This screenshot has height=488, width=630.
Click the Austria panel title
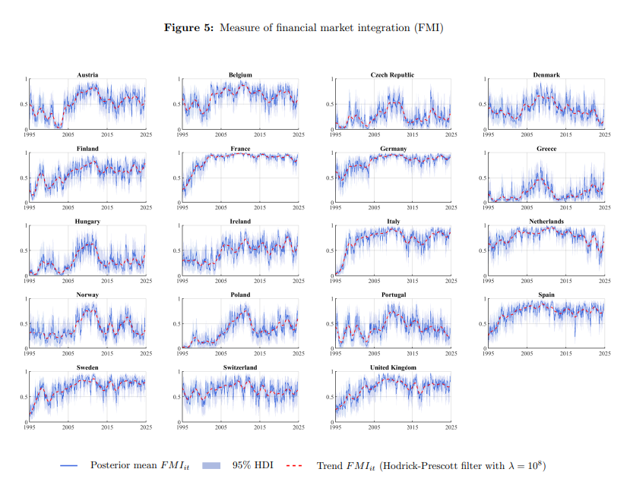click(87, 75)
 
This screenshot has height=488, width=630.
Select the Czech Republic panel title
click(392, 75)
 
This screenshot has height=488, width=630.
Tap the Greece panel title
click(546, 149)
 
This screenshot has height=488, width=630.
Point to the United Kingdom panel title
click(392, 367)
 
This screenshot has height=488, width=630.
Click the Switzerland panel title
click(240, 367)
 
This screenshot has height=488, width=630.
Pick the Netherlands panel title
click(546, 222)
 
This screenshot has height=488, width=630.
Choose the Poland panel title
click(240, 294)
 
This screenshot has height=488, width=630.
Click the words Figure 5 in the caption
click(190, 28)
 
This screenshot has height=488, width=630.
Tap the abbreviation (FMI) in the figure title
click(428, 28)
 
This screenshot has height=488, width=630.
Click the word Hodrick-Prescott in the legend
click(419, 465)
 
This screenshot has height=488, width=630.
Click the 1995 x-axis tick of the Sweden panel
click(30, 427)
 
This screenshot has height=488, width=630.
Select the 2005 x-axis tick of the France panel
click(221, 207)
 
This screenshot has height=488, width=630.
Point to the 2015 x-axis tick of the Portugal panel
click(412, 354)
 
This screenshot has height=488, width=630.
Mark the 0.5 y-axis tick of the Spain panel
click(483, 323)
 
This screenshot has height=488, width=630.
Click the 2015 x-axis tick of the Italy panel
click(412, 280)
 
